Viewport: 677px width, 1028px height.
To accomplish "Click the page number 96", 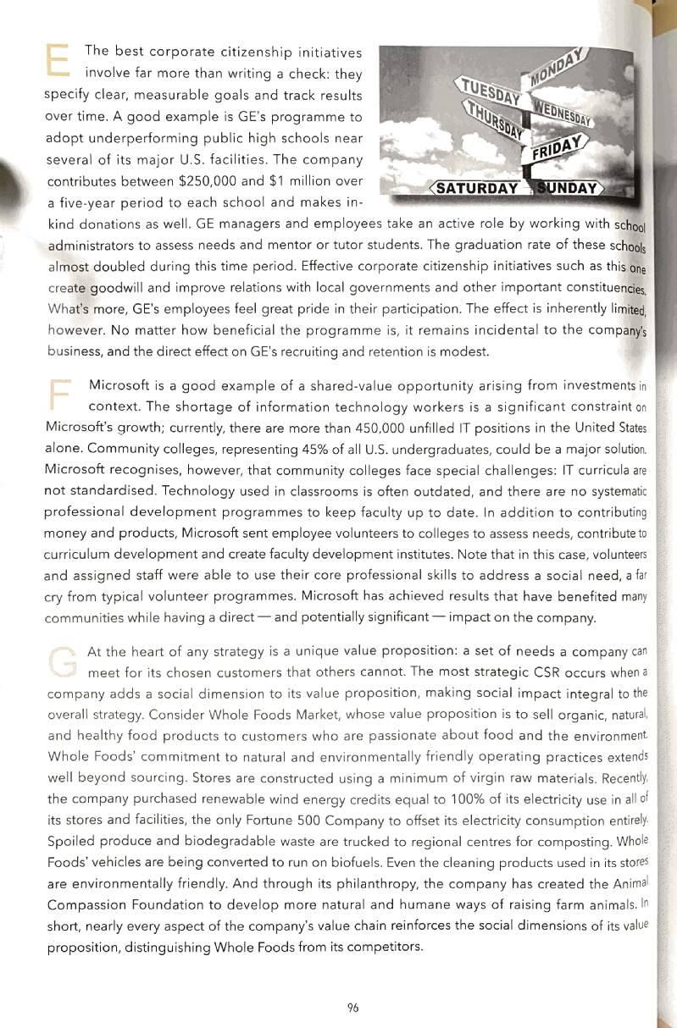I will pyautogui.click(x=353, y=1007).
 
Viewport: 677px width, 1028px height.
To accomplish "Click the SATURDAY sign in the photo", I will pyautogui.click(x=474, y=188).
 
